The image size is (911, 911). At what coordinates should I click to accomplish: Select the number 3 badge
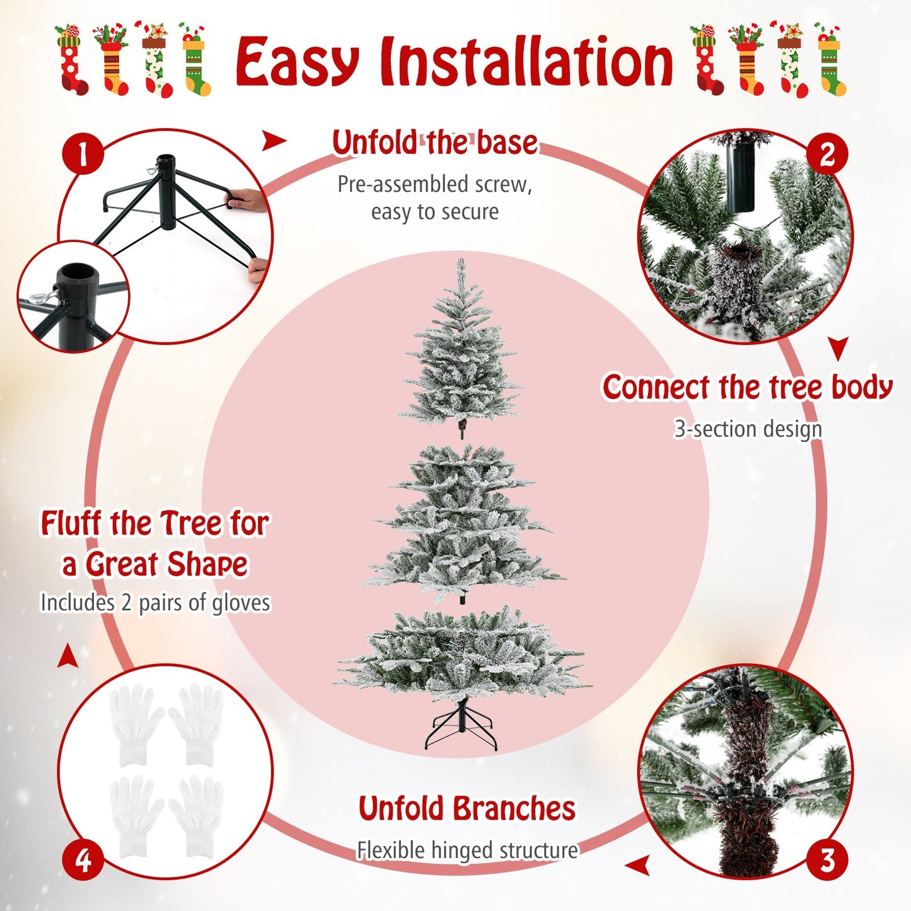(827, 860)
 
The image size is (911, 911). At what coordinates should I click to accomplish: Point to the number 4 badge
(83, 860)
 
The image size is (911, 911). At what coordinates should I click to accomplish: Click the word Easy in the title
(296, 63)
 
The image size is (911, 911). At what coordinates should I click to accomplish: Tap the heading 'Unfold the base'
(435, 142)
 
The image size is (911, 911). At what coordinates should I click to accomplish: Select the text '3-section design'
(748, 429)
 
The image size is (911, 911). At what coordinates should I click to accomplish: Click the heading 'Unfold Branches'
(467, 809)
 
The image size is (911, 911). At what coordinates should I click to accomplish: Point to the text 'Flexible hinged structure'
(467, 850)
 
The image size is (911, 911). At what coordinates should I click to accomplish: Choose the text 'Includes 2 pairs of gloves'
(155, 603)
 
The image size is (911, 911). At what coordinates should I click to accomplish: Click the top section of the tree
(461, 353)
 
